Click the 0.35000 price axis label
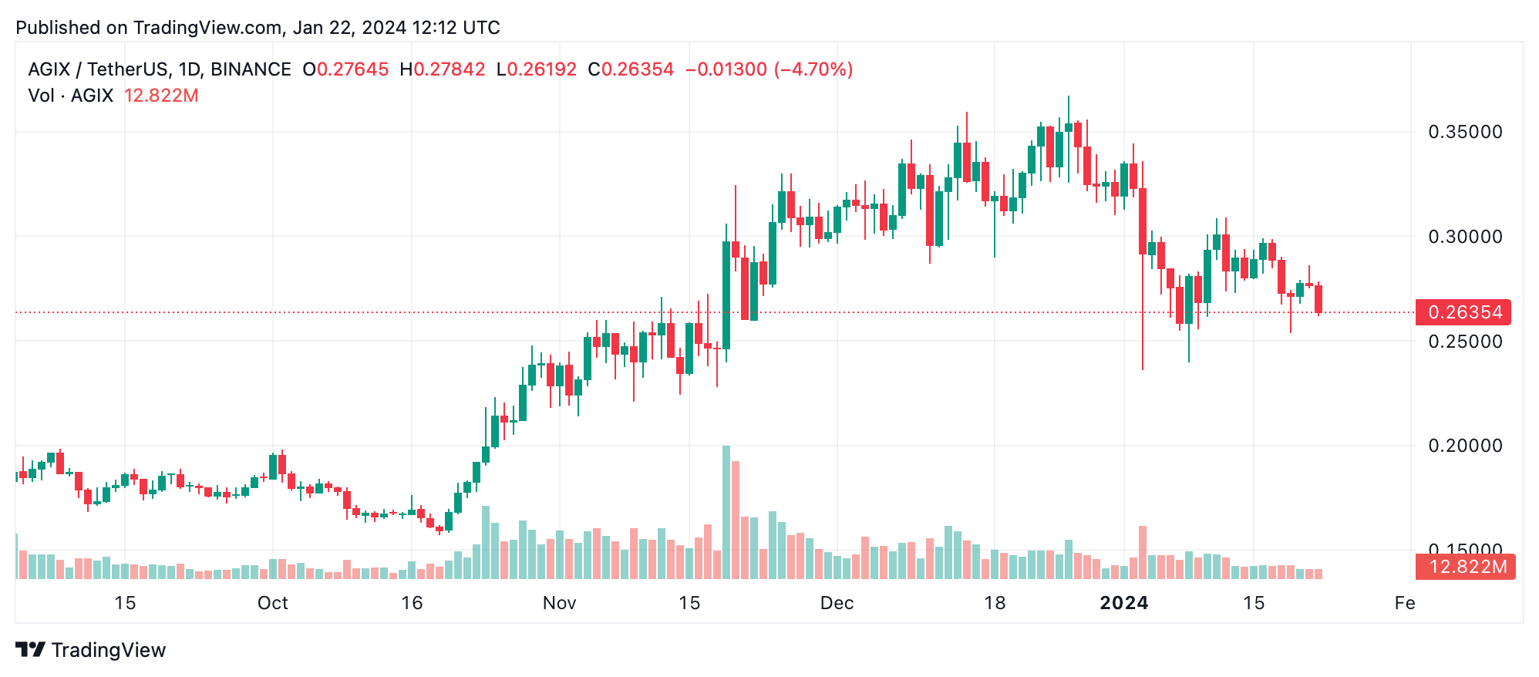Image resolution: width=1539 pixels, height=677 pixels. (x=1465, y=132)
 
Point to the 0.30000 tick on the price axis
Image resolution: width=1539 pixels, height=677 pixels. (x=1465, y=237)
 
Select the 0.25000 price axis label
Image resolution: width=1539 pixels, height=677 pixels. (x=1465, y=342)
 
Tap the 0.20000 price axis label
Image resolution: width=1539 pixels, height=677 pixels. (x=1465, y=446)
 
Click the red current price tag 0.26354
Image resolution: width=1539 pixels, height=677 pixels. (x=1464, y=312)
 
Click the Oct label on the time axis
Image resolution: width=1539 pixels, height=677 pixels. (x=272, y=603)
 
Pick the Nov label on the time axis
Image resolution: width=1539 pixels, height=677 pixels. (x=559, y=603)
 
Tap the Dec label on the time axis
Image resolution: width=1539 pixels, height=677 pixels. (x=837, y=603)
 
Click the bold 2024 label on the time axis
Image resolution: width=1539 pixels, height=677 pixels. (x=1123, y=603)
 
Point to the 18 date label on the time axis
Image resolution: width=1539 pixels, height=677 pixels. (x=995, y=603)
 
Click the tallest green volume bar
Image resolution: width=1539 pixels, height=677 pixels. (x=726, y=513)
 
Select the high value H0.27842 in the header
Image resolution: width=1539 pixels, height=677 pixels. (x=443, y=69)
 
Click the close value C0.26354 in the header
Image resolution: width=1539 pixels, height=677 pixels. (x=631, y=69)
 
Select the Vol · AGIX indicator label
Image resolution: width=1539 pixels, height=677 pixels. (x=71, y=96)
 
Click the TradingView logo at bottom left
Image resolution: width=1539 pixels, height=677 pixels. (x=91, y=650)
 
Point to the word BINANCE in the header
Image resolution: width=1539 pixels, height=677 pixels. (x=251, y=69)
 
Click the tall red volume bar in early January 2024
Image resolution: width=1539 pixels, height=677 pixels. (x=1142, y=552)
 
